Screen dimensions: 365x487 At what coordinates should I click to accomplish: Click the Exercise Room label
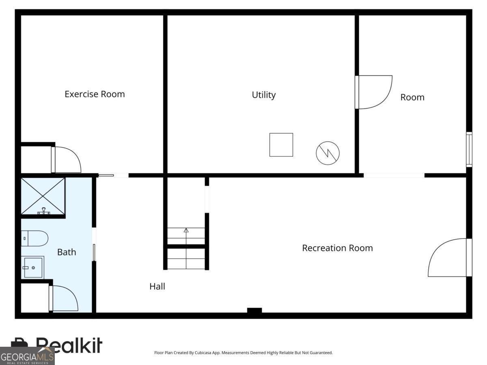click(x=95, y=94)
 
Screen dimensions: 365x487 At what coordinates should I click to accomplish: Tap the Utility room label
click(x=264, y=95)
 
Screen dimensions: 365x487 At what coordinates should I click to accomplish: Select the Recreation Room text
click(x=337, y=248)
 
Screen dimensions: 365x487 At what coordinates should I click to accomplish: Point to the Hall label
click(x=157, y=286)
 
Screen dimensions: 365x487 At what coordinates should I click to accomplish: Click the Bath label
click(x=67, y=252)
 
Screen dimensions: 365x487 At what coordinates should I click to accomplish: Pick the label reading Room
click(x=412, y=97)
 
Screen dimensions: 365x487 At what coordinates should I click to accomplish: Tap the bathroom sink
click(x=33, y=268)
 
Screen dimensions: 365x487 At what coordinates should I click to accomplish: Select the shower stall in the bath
click(x=43, y=196)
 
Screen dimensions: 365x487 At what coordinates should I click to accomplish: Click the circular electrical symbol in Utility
click(x=328, y=153)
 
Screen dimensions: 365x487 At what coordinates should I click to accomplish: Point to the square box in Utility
click(x=281, y=145)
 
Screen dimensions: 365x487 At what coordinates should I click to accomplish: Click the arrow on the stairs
click(x=186, y=231)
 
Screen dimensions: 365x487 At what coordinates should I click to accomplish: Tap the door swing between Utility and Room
click(x=374, y=92)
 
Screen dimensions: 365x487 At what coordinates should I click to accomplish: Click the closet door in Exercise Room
click(x=67, y=160)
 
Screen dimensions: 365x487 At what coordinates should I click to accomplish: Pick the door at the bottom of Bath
click(x=64, y=298)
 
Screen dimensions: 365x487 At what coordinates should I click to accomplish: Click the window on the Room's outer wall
click(x=469, y=149)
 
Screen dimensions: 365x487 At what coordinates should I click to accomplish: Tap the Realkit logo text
click(x=69, y=345)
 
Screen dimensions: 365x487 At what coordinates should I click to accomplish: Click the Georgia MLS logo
click(x=27, y=356)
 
